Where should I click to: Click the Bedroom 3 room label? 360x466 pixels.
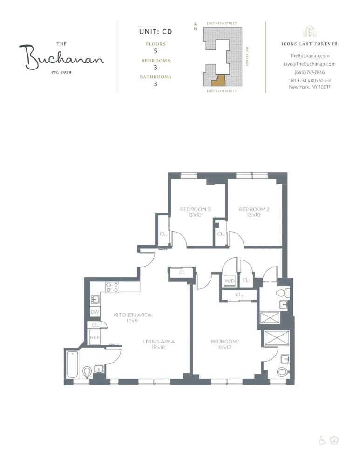point(195,209)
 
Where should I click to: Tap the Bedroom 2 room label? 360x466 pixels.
point(254,209)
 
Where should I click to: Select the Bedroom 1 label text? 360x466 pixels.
point(225,342)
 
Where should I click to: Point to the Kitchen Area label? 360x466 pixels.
point(133,315)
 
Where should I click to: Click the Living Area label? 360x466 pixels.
point(158,342)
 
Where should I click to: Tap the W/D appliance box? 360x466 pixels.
point(230,281)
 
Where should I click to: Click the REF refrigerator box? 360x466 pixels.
point(95,337)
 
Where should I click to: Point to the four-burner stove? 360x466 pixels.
point(112,287)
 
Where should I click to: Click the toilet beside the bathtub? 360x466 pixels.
point(87,372)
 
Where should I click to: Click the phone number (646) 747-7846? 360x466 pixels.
point(310,72)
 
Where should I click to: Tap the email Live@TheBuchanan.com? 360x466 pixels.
point(310,64)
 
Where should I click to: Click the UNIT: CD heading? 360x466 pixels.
point(156,32)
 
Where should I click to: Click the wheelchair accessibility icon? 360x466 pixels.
point(322,440)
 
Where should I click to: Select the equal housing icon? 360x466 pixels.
point(333,440)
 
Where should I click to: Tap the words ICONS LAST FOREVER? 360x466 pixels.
point(310,44)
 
